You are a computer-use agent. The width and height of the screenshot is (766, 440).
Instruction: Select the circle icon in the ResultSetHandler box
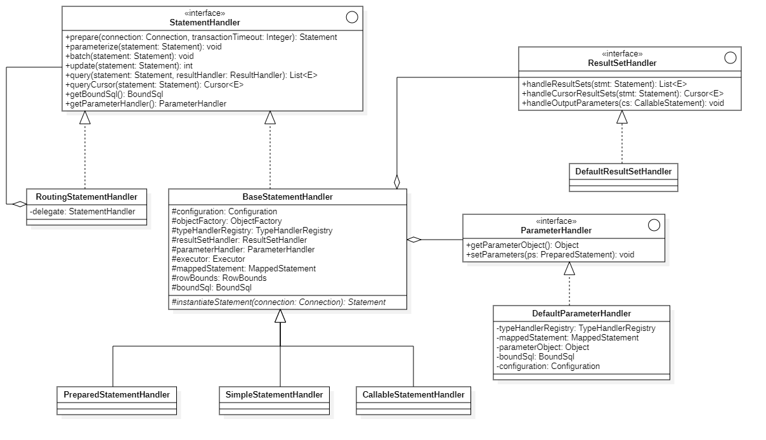click(x=730, y=58)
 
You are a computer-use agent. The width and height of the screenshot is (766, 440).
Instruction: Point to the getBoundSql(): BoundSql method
click(x=114, y=94)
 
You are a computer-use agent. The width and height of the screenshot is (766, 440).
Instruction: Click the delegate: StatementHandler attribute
click(x=82, y=211)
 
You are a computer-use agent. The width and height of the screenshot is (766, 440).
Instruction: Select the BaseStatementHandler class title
click(x=287, y=197)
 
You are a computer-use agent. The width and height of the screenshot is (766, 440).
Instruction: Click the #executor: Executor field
click(x=208, y=259)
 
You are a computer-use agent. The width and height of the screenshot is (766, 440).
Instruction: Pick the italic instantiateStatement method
click(x=278, y=302)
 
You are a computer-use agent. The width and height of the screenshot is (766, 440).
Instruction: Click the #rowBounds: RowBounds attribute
click(x=219, y=278)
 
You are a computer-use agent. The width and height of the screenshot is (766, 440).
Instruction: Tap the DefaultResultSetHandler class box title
click(x=623, y=171)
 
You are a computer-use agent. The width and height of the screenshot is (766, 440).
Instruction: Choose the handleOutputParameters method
click(x=623, y=103)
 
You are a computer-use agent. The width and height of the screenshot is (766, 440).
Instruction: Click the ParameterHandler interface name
click(x=555, y=230)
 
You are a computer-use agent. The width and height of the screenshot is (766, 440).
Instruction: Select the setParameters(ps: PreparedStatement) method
click(x=550, y=254)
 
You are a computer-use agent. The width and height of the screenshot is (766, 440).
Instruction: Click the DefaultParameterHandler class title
click(x=581, y=313)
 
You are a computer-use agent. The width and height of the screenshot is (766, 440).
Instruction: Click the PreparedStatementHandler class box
click(x=117, y=394)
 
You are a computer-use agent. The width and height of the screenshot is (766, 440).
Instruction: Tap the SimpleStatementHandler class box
click(x=274, y=394)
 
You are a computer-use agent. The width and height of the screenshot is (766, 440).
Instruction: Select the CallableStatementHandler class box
click(x=413, y=394)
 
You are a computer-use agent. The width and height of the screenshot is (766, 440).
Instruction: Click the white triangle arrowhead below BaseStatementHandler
click(x=280, y=316)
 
